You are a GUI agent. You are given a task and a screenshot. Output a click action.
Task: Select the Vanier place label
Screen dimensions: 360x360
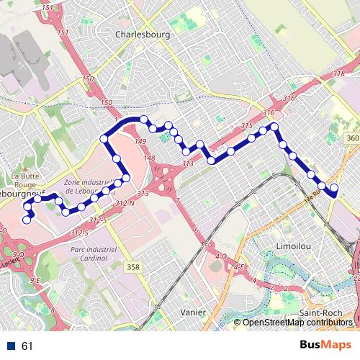coord(194,312)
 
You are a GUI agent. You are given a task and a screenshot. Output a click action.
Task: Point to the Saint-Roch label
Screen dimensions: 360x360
coord(321,313)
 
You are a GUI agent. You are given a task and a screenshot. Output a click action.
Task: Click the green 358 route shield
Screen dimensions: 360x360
coord(132,267)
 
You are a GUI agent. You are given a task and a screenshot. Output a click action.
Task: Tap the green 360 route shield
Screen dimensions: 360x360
coord(352,138)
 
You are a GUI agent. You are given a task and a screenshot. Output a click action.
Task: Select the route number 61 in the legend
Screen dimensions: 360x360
coord(27,346)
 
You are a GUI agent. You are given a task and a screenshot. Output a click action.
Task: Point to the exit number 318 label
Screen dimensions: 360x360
coord(339,74)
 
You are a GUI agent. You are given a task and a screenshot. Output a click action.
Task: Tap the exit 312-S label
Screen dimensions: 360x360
coord(98,220)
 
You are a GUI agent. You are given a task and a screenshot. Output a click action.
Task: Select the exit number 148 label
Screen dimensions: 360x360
coord(149,158)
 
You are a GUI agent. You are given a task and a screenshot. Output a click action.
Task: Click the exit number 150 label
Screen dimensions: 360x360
coord(88,79)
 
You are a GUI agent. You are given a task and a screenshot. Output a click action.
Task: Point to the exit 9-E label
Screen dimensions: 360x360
coord(36,280)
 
